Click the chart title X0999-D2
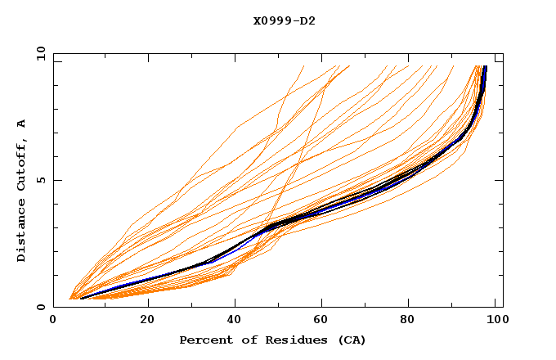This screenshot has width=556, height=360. pyautogui.click(x=284, y=20)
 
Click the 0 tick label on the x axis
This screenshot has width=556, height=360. pyautogui.click(x=53, y=322)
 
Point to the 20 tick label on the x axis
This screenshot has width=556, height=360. pyautogui.click(x=146, y=322)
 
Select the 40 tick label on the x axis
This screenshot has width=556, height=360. pyautogui.click(x=235, y=322)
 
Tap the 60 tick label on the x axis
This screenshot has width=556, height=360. pyautogui.click(x=323, y=322)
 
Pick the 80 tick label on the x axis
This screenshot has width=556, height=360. pyautogui.click(x=411, y=322)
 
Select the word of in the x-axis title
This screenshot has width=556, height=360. pyautogui.click(x=249, y=340)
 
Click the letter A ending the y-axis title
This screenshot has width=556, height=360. pyautogui.click(x=21, y=123)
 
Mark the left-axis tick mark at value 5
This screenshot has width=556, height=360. pyautogui.click(x=56, y=180)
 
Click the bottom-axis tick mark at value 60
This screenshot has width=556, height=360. pyautogui.click(x=323, y=304)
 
